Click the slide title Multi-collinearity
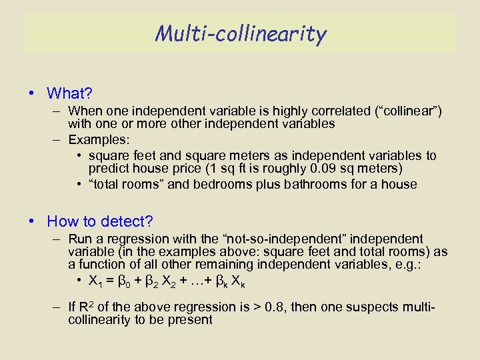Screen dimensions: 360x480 tap(240, 33)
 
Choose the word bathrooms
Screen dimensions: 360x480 tap(289, 184)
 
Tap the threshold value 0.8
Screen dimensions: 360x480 tap(271, 307)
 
